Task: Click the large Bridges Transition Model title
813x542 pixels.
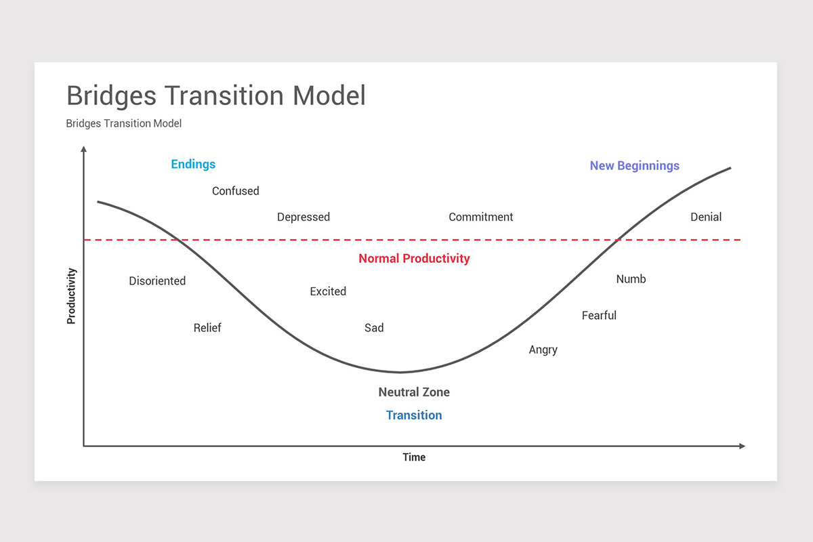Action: [x=215, y=96]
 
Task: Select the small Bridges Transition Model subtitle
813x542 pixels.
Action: [x=123, y=123]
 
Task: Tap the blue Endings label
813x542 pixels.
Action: [x=193, y=164]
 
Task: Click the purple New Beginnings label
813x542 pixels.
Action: [x=634, y=165]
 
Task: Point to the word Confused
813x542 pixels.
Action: [x=235, y=191]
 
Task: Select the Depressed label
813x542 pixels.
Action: [x=303, y=217]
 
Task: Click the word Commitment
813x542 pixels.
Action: [x=480, y=217]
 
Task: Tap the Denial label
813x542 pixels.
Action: [x=705, y=217]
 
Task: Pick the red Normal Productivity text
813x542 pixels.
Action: [x=413, y=258]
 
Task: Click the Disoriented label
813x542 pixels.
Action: [x=157, y=280]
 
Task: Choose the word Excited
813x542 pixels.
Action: [x=328, y=291]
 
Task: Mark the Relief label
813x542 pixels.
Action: [x=207, y=328]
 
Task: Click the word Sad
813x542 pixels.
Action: [x=374, y=328]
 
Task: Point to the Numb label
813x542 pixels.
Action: [x=631, y=278]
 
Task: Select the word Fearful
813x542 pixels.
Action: [x=599, y=315]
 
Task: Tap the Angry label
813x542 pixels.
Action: [x=543, y=350]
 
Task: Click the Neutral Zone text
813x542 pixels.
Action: [x=413, y=392]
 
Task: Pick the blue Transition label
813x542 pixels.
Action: [x=413, y=415]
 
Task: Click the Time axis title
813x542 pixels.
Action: [x=413, y=457]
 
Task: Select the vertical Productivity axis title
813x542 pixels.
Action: [x=71, y=295]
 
